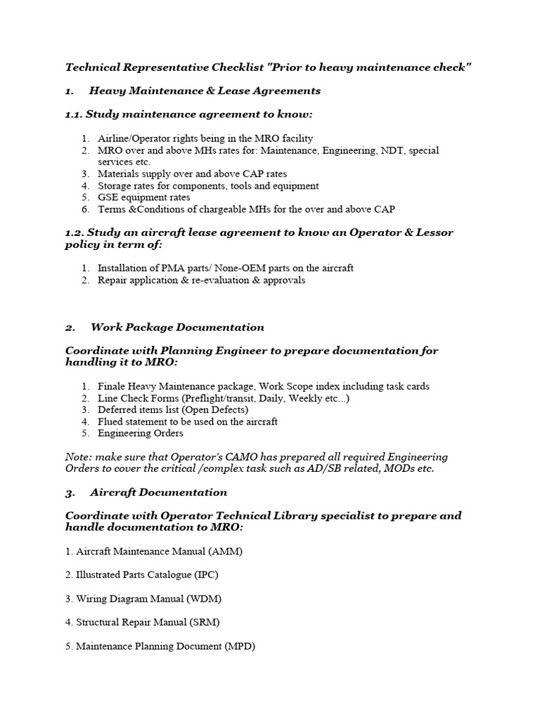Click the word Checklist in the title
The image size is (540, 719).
(238, 67)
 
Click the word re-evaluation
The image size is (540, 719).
(227, 279)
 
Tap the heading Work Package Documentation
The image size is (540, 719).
(177, 327)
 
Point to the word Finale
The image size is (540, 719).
(112, 386)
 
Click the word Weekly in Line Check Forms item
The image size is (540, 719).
(309, 398)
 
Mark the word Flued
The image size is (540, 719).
(110, 422)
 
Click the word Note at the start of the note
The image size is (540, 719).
(77, 457)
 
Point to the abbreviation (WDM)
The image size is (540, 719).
(207, 599)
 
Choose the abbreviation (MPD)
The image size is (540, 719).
(240, 646)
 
